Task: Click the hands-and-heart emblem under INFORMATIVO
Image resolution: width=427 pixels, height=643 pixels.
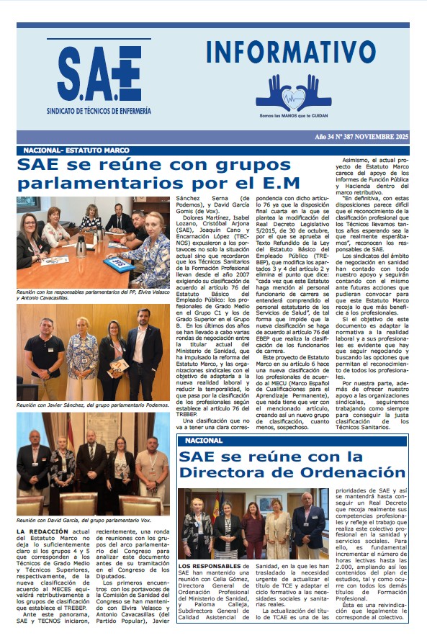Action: tap(293, 92)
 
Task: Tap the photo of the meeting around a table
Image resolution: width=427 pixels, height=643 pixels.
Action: tap(94, 243)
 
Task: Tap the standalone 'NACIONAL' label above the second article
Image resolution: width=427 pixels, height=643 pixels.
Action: tap(204, 440)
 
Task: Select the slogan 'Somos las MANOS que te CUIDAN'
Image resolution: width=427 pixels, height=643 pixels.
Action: tap(293, 116)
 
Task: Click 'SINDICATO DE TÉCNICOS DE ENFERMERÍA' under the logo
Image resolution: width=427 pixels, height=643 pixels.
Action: tap(99, 112)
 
